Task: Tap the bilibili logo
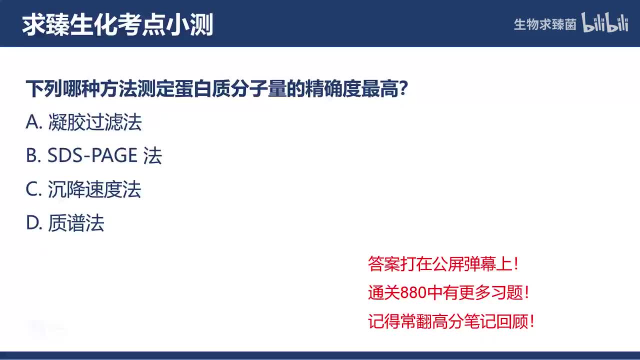(x=604, y=23)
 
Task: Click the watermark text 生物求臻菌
(x=545, y=24)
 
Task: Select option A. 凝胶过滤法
(x=83, y=122)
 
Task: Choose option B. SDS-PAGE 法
(x=94, y=156)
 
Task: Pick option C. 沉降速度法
(x=83, y=190)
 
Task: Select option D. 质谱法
(x=65, y=223)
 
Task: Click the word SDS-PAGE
(x=92, y=156)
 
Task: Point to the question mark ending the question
(x=404, y=90)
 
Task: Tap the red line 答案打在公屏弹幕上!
(x=443, y=264)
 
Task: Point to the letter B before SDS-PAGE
(x=32, y=156)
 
